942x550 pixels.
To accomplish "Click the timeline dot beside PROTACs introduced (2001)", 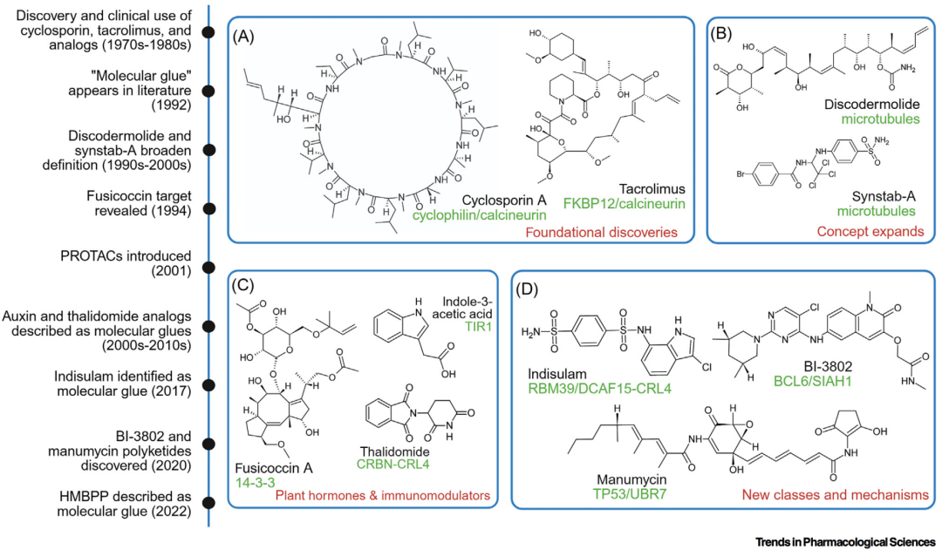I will [208, 268].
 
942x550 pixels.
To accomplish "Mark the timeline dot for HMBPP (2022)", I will [208, 502].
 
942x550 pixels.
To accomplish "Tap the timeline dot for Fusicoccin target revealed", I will [208, 208].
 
